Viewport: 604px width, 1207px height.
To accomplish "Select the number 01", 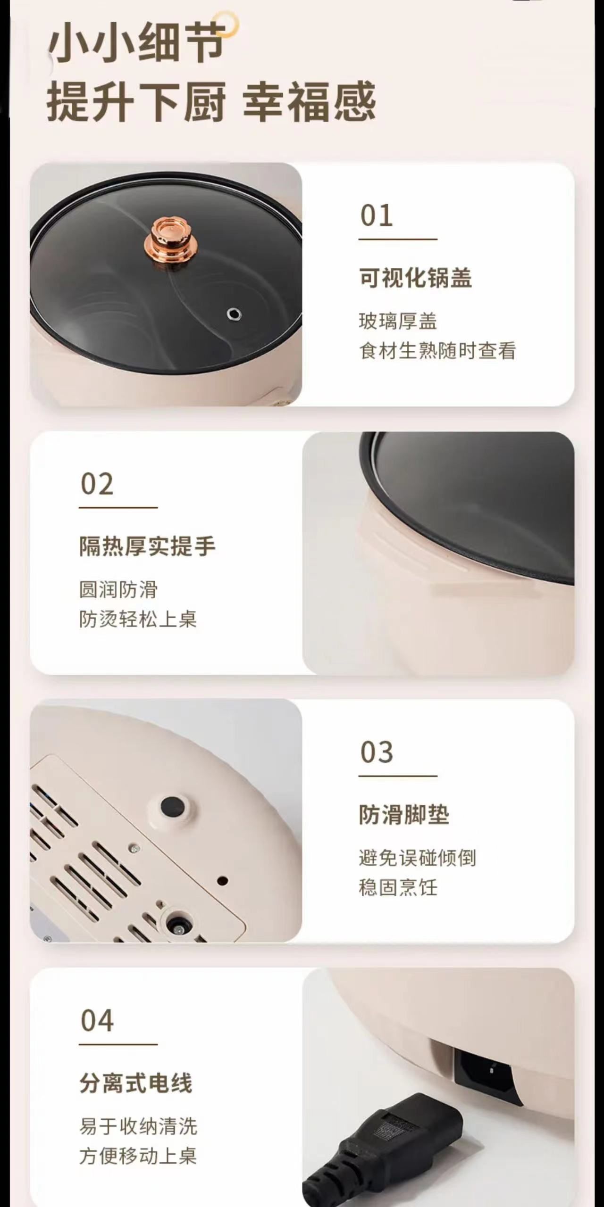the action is [377, 216].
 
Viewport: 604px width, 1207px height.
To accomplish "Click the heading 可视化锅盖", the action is [415, 277].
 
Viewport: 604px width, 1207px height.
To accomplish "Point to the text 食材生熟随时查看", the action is [437, 351].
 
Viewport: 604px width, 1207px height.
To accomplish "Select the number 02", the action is [97, 484].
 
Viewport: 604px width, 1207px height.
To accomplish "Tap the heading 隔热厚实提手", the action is [147, 546].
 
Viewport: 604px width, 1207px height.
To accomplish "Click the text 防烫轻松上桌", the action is [138, 619].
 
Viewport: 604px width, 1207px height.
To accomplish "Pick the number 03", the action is [377, 752].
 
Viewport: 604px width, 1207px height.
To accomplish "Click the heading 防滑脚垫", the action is [404, 814].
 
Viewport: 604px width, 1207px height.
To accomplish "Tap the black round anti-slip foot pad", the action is [171, 806].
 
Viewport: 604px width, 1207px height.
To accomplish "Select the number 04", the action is [97, 1021].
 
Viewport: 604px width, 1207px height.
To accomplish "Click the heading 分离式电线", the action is [136, 1083].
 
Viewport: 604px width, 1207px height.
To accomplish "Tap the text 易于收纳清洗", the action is [138, 1127].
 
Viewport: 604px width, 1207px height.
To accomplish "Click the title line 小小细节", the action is [136, 43].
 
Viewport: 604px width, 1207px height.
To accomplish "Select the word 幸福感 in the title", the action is [310, 101].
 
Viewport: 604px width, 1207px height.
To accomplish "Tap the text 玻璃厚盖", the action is [398, 322].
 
